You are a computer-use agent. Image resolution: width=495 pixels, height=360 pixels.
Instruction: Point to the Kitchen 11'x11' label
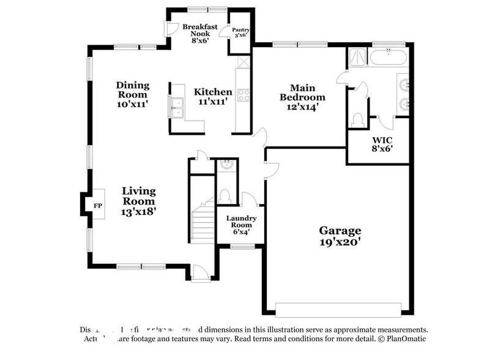pyautogui.click(x=213, y=97)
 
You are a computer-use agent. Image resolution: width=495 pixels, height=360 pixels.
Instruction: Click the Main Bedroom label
pyautogui.click(x=302, y=97)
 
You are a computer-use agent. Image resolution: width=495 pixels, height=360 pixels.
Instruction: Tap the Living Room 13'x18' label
pyautogui.click(x=138, y=201)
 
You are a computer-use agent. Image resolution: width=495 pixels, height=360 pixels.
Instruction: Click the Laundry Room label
pyautogui.click(x=241, y=223)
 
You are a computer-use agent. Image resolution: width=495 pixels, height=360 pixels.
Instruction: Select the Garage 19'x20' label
pyautogui.click(x=340, y=236)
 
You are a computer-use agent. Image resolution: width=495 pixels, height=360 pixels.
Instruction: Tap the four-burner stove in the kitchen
pyautogui.click(x=243, y=95)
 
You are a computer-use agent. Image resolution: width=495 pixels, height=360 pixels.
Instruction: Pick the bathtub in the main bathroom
pyautogui.click(x=388, y=59)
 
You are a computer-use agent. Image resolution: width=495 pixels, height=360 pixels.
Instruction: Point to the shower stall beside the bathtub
pyautogui.click(x=357, y=58)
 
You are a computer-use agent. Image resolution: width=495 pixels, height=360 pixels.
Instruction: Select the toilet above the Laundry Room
pyautogui.click(x=225, y=195)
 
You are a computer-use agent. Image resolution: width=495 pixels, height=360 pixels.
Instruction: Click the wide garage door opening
pyautogui.click(x=339, y=307)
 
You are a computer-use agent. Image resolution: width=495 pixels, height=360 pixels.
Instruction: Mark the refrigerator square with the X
pyautogui.click(x=243, y=62)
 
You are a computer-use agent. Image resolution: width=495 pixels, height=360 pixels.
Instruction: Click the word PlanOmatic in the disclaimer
pyautogui.click(x=404, y=339)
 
